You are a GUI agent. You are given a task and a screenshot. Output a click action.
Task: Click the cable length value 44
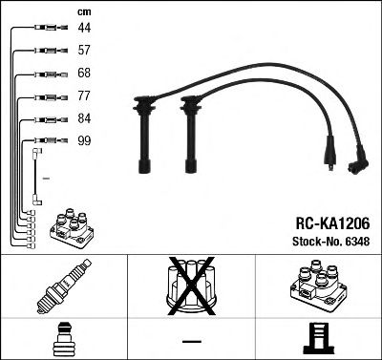(84, 29)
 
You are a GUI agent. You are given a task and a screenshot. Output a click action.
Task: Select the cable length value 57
(84, 52)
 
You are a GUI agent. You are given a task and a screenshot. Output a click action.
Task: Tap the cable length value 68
(84, 74)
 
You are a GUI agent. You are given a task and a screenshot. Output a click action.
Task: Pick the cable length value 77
(84, 97)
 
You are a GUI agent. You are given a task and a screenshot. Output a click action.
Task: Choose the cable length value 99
(84, 141)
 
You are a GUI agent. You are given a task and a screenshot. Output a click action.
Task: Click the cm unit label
(84, 11)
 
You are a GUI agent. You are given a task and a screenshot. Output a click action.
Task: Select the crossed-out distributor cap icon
(190, 286)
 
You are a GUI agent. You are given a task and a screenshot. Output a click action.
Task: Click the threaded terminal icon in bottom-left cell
(63, 339)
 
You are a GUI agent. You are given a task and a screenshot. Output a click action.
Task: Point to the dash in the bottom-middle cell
(190, 341)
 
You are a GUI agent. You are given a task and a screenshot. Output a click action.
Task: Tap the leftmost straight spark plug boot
(147, 134)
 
